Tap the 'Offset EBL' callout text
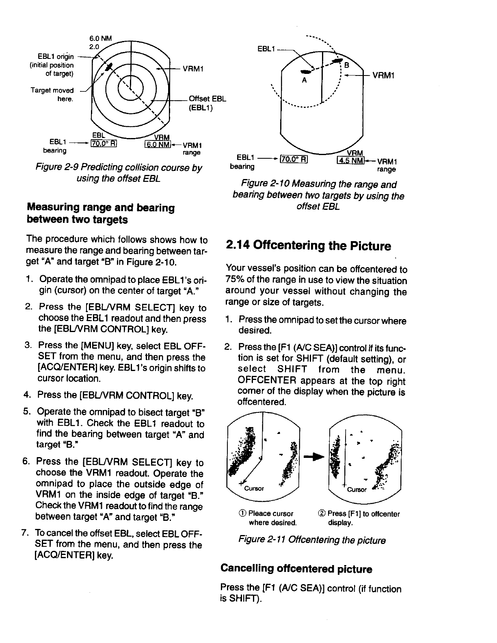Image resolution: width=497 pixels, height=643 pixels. pos(207,99)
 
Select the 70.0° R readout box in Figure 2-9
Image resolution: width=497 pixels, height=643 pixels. pos(104,143)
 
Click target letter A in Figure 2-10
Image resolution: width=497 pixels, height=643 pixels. pos(304,80)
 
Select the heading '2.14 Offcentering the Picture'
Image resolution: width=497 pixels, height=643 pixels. pos(309,246)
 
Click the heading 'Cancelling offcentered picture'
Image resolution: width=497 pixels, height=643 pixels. pos(296,569)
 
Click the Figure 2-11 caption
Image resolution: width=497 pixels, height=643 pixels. pos(312,540)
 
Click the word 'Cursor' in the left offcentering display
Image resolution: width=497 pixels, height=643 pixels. pos(254,488)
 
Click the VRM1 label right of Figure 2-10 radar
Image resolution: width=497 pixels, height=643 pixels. pos(384,76)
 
